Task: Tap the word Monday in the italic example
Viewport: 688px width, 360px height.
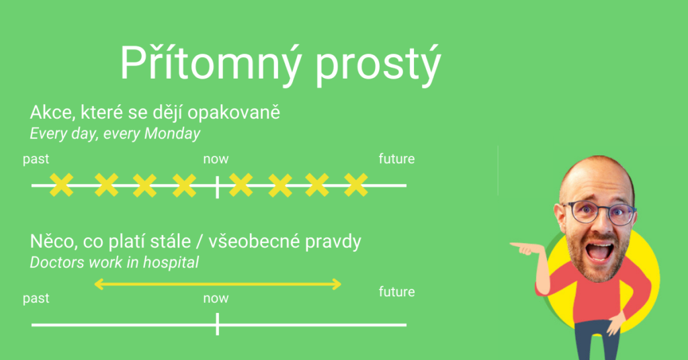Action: (x=172, y=133)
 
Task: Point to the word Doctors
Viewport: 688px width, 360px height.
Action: (x=58, y=262)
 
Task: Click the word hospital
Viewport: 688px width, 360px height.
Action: (x=171, y=263)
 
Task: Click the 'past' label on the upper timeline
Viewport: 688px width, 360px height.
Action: (x=36, y=159)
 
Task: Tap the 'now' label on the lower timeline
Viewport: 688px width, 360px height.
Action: (x=216, y=299)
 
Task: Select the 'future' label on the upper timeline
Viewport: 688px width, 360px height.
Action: (x=396, y=159)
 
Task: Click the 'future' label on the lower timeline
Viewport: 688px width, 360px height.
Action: (x=396, y=291)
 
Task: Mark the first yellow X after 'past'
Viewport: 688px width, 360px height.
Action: (x=61, y=185)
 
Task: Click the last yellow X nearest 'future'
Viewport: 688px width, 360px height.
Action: (x=356, y=185)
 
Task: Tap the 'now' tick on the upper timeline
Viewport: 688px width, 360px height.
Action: (x=217, y=186)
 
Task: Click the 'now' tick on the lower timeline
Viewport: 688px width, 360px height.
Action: (x=217, y=324)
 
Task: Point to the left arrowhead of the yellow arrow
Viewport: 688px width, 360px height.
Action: (x=99, y=284)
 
